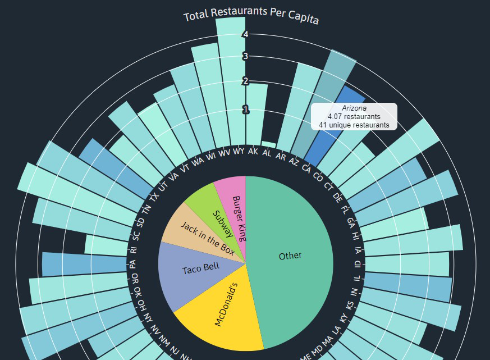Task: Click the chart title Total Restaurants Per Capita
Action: [x=251, y=16]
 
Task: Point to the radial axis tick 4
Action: [x=245, y=34]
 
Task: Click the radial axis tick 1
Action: [x=245, y=110]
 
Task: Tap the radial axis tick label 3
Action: [x=245, y=56]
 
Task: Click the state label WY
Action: [x=239, y=152]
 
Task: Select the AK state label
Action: [x=253, y=152]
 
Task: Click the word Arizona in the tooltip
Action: [x=354, y=108]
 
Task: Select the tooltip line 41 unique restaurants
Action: [x=354, y=125]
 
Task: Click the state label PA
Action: [x=132, y=263]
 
